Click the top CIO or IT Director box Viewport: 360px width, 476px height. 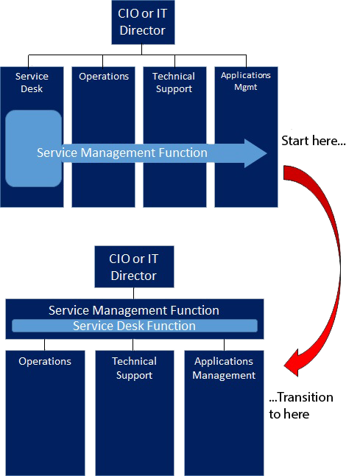click(142, 22)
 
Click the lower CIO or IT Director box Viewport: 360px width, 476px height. click(133, 267)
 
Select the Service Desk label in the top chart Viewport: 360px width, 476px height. click(32, 83)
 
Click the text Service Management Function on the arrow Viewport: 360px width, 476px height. click(121, 153)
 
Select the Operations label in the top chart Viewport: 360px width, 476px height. click(104, 77)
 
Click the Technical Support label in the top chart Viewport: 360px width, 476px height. click(174, 83)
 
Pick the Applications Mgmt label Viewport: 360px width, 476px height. click(246, 80)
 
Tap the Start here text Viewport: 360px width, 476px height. click(312, 139)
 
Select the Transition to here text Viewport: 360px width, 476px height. click(300, 405)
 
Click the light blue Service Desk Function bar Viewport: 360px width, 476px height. click(133, 326)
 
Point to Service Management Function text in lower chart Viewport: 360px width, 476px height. click(133, 310)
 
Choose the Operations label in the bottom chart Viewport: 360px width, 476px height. click(45, 361)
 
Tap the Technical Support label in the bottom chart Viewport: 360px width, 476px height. click(134, 368)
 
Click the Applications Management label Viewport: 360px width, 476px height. click(224, 368)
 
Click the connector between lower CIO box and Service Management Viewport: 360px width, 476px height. click(133, 293)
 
